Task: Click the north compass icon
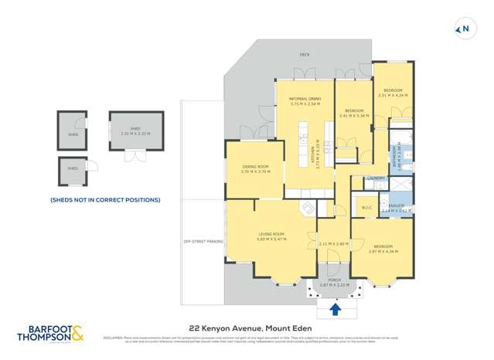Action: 464,29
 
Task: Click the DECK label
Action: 305,55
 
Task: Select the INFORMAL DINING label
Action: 305,99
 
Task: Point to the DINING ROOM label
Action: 254,167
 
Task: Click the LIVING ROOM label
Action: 271,234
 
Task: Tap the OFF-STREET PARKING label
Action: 203,242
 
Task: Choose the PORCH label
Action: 335,280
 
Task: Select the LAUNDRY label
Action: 376,178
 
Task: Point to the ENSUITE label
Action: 397,205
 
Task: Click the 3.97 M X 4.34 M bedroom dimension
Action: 383,252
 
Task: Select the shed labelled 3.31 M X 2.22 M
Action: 135,133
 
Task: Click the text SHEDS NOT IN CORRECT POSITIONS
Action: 105,200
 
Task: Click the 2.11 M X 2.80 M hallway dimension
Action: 333,244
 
